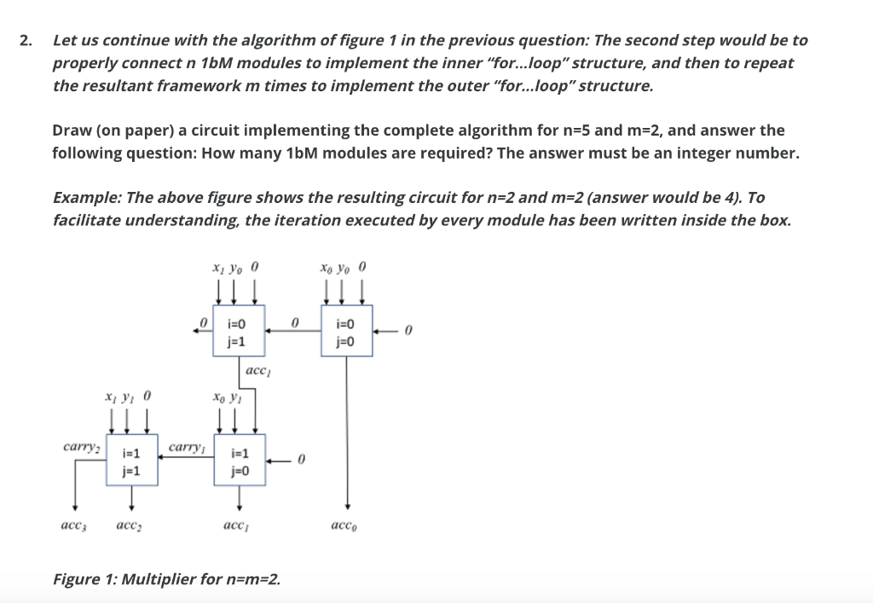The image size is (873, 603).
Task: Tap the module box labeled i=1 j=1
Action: click(130, 461)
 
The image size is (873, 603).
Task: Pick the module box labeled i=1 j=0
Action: click(240, 461)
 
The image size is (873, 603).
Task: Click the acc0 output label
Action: click(347, 526)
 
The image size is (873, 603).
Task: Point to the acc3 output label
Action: click(72, 526)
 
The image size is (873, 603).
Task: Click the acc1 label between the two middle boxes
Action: click(258, 371)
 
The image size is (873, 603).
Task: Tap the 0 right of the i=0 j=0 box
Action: click(408, 331)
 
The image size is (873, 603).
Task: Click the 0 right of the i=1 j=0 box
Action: click(300, 461)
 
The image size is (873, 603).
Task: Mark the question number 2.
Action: click(26, 40)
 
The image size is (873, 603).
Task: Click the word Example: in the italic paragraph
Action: click(86, 197)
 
